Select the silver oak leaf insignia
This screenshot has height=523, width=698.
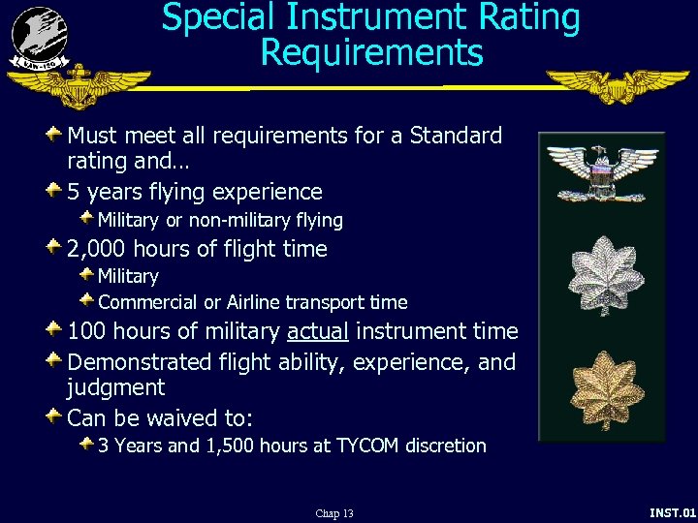tap(601, 282)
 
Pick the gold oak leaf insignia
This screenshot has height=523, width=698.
tap(601, 387)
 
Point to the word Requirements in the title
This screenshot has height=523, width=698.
tap(371, 52)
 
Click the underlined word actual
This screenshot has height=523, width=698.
tap(318, 331)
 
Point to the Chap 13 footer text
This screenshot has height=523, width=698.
tap(334, 513)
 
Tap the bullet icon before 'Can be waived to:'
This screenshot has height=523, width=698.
tap(55, 417)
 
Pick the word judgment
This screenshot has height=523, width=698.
tap(115, 388)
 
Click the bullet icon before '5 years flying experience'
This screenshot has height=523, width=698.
tap(55, 191)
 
